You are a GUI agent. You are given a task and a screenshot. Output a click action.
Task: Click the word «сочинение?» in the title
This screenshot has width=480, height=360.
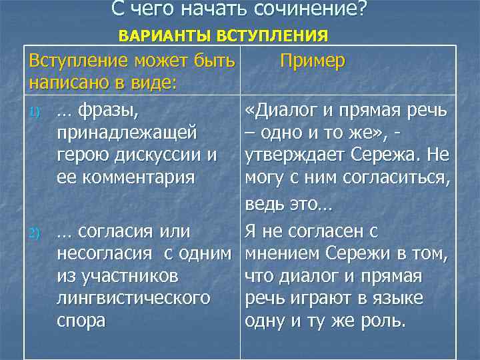point(311,11)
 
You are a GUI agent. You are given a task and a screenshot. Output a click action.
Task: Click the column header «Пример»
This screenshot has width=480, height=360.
point(312,61)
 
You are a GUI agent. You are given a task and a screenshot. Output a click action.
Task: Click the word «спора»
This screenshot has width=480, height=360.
point(81,320)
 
